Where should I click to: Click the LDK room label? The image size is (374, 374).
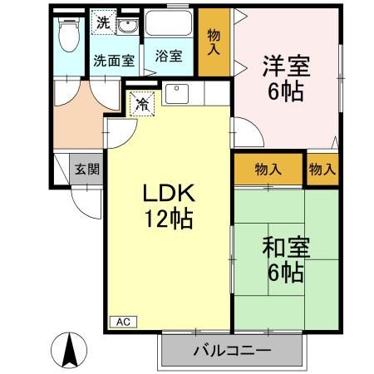click(169, 194)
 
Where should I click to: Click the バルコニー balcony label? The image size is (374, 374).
click(233, 350)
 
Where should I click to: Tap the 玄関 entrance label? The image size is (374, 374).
click(86, 170)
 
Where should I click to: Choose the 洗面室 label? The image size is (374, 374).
click(113, 60)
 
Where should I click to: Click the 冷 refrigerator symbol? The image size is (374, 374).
click(143, 105)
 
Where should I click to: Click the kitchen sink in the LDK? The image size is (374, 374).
click(177, 93)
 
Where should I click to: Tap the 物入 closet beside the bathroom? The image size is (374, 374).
click(214, 42)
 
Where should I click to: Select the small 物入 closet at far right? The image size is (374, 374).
click(322, 169)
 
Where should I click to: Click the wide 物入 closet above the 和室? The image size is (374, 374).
click(268, 169)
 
